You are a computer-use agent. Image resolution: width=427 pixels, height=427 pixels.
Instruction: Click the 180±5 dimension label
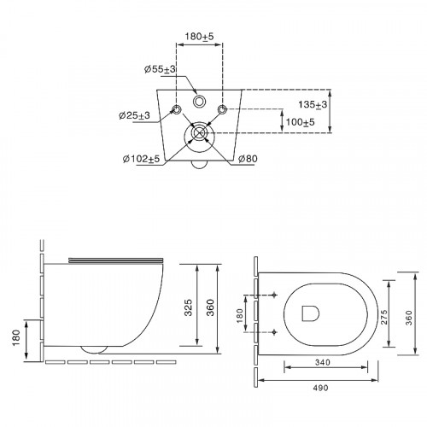pyautogui.click(x=199, y=37)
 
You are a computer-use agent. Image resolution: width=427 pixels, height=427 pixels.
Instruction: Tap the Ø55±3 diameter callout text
pyautogui.click(x=160, y=69)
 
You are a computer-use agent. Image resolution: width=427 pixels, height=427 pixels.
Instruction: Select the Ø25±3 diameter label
pyautogui.click(x=134, y=115)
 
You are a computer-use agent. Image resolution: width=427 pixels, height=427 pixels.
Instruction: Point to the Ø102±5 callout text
pyautogui.click(x=141, y=159)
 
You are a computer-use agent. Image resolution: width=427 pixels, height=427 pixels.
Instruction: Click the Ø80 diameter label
pyautogui.click(x=248, y=159)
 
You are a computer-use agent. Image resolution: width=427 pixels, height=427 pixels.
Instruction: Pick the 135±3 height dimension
pyautogui.click(x=313, y=105)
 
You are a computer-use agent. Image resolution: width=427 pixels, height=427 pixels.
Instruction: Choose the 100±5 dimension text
pyautogui.click(x=300, y=122)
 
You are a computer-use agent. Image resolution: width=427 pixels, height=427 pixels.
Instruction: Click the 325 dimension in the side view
pyautogui.click(x=188, y=307)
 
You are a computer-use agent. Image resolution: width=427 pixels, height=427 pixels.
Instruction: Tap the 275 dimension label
pyautogui.click(x=384, y=317)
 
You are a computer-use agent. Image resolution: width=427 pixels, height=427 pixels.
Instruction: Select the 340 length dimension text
pyautogui.click(x=323, y=362)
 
